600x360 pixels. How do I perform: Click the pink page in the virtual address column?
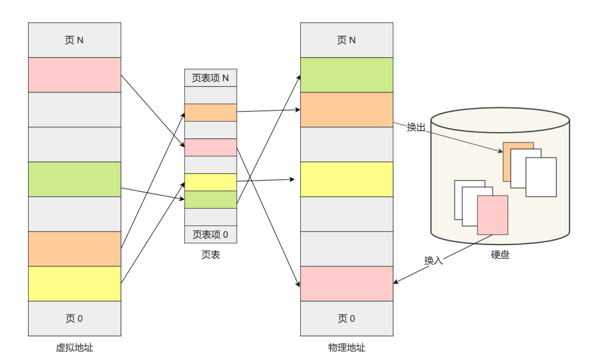point(74,74)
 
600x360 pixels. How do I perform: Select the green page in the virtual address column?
point(74,179)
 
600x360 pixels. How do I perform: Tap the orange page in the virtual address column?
point(74,248)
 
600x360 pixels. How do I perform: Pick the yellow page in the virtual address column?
point(74,283)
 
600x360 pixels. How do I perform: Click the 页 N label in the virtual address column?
point(74,40)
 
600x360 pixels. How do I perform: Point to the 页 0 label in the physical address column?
point(346,318)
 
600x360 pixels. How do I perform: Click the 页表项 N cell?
point(211,78)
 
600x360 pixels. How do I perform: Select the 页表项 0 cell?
point(211,235)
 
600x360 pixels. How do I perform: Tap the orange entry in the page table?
point(211,113)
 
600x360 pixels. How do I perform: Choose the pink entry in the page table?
point(211,148)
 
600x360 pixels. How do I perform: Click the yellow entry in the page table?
point(211,182)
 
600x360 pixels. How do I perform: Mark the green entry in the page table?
point(211,199)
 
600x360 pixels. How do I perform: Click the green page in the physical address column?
point(346,74)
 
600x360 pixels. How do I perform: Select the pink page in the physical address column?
point(346,283)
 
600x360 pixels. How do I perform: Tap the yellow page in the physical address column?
point(346,179)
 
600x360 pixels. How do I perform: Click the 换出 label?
point(416,127)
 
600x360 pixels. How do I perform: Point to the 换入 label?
point(433,261)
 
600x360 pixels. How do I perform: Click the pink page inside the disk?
point(493,215)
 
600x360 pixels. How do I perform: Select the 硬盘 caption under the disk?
point(500,254)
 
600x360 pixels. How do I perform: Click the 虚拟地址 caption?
point(74,348)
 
